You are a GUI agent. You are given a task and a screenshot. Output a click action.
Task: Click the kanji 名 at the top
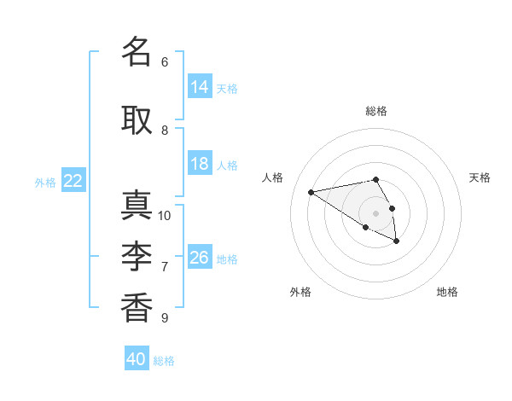(x=137, y=51)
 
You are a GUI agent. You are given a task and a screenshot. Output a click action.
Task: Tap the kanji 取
(x=137, y=120)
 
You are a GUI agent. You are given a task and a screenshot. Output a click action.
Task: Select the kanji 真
(x=137, y=205)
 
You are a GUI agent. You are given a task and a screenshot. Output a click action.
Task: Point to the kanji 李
(x=137, y=256)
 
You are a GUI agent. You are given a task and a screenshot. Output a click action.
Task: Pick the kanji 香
(x=137, y=308)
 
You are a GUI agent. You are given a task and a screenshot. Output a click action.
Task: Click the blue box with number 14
(x=200, y=86)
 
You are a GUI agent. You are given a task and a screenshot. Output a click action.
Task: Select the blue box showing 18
(x=200, y=163)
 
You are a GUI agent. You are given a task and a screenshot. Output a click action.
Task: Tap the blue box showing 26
(x=200, y=256)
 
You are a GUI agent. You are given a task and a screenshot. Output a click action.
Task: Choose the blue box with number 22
(x=73, y=180)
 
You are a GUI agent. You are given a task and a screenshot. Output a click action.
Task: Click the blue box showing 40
(x=137, y=357)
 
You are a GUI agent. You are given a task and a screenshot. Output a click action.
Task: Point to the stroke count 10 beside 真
(x=164, y=216)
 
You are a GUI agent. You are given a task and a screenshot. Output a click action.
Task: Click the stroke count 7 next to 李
(x=165, y=267)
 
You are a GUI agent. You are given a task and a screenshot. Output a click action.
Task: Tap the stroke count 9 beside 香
(x=165, y=317)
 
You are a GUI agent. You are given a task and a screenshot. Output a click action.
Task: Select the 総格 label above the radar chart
(x=376, y=111)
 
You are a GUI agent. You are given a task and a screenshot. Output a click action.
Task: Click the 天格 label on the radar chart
(x=480, y=177)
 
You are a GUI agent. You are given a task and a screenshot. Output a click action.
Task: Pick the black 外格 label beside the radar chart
(x=300, y=292)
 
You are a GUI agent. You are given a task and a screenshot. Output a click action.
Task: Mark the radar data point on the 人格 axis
(x=311, y=192)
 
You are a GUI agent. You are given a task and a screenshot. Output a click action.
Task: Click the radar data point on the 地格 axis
(x=397, y=241)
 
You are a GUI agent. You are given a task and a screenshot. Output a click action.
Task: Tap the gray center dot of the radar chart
(x=375, y=213)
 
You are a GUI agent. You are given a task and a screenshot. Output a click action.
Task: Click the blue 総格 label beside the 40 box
(x=164, y=361)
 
